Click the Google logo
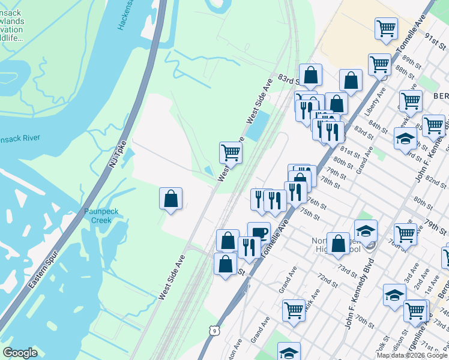click(20, 353)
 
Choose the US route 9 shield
click(214, 330)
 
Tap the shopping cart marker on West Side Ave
click(231, 153)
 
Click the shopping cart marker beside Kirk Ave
click(294, 311)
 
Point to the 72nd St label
click(327, 280)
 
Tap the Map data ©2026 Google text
click(411, 355)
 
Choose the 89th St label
click(412, 62)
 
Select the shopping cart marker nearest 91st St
click(387, 28)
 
